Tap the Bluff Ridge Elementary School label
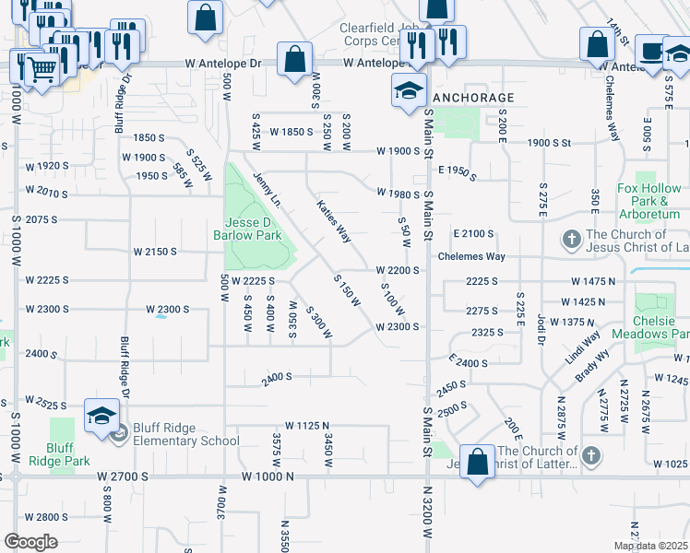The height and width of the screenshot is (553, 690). click(185, 441)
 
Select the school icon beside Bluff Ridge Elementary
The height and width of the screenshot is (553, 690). click(101, 418)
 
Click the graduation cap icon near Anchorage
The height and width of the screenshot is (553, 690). click(408, 91)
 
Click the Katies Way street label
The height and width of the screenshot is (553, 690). click(334, 221)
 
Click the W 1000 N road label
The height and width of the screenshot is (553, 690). click(267, 477)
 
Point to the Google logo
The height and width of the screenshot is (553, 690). click(30, 542)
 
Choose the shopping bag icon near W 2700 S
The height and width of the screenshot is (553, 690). click(478, 464)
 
